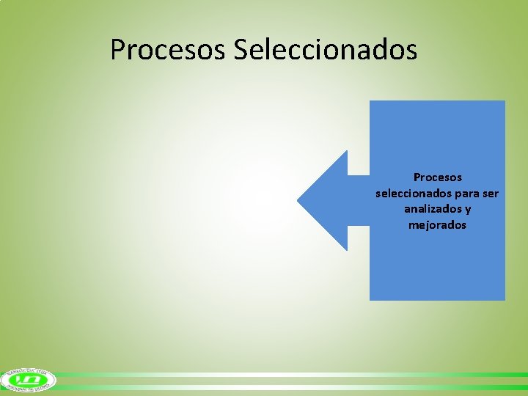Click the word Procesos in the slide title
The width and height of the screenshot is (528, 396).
[x=169, y=50]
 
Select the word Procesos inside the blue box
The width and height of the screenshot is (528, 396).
[x=438, y=177]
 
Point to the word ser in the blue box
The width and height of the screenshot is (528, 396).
[x=491, y=194]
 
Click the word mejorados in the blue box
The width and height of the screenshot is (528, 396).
[x=438, y=225]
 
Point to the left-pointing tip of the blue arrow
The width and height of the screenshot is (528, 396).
[x=298, y=200]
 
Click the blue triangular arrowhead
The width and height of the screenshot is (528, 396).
[x=326, y=200]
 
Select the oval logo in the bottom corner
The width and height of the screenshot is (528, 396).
[x=29, y=379]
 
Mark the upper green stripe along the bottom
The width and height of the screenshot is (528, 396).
[x=293, y=375]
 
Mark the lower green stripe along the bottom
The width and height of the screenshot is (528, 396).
[x=293, y=386]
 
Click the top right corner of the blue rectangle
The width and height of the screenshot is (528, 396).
[x=505, y=101]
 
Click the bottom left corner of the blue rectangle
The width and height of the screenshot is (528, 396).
[x=370, y=299]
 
